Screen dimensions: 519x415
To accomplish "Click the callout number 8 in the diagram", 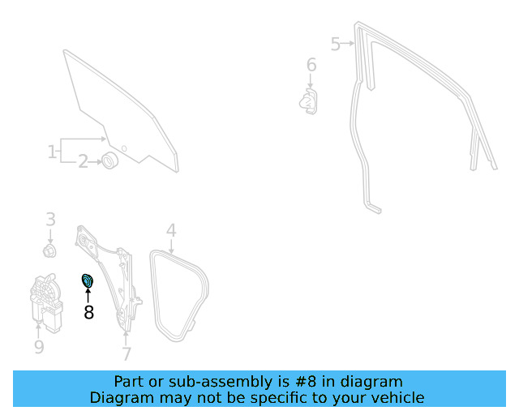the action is coord(88,312).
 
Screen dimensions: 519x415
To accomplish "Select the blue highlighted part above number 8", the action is coord(88,281).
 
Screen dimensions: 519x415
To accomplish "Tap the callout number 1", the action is coord(52,152).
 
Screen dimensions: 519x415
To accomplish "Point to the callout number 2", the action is coord(83,162).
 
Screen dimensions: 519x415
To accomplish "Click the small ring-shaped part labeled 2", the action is coord(109,160).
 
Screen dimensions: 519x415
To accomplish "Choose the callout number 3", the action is coord(50,219).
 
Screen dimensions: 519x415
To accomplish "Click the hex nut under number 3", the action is coord(49,250).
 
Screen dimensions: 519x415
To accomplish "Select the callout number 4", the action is coord(171,230).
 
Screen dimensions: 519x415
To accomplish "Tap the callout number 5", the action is coord(335,44).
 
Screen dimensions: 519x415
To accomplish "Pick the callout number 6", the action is coord(311,65).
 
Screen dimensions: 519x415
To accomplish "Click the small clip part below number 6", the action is coord(308,101).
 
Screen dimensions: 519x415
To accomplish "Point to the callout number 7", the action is coord(127,353).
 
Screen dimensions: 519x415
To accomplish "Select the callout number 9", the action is coord(39,347).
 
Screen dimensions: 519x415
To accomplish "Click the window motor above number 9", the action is coord(46,302).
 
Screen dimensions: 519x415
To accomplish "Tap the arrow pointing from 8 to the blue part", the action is coord(88,296).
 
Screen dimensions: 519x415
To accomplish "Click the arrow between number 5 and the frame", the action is coord(347,43).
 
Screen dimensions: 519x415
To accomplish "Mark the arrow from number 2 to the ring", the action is coord(96,162).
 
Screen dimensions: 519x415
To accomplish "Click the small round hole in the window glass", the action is coord(124,148).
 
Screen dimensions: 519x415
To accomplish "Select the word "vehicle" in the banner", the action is coord(402,397).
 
